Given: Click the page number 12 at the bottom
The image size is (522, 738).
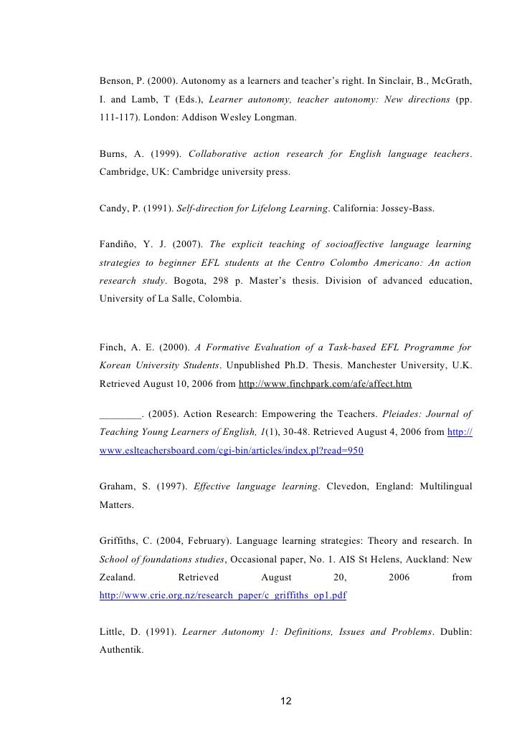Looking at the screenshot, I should pyautogui.click(x=286, y=700).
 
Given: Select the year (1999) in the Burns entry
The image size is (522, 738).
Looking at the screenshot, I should pyautogui.click(x=166, y=155).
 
